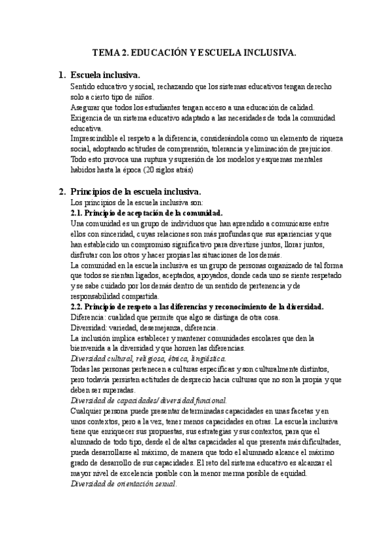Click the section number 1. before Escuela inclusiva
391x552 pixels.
coord(63,75)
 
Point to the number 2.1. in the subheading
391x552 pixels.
coord(78,213)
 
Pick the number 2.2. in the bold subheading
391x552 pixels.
coord(78,307)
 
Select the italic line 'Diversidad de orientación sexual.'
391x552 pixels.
coord(123,485)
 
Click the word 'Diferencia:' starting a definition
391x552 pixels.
coord(89,317)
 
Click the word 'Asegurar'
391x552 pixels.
coord(86,107)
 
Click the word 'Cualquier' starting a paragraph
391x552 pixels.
coord(88,411)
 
